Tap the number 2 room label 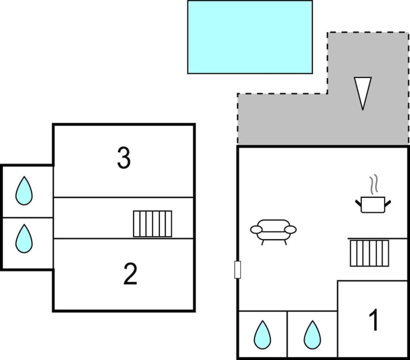(130, 274)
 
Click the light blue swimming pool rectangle (250, 37)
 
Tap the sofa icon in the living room (273, 231)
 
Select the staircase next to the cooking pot (369, 253)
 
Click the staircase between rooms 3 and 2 (152, 224)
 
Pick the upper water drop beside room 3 (24, 191)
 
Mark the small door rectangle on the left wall (237, 270)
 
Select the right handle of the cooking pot (388, 202)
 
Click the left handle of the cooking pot (358, 202)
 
